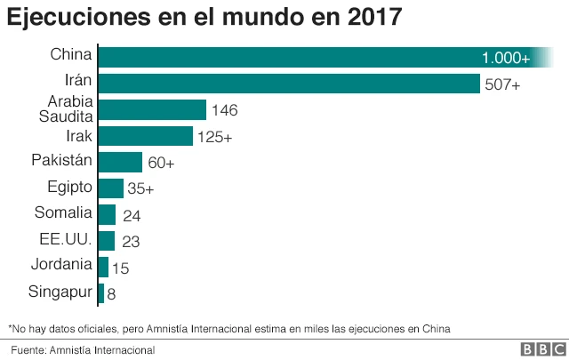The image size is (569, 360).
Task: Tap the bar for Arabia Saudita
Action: [x=151, y=109]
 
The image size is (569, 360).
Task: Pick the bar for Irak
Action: [x=145, y=136]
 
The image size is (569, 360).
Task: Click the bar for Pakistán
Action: [x=119, y=162]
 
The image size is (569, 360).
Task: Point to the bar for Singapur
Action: [x=100, y=292]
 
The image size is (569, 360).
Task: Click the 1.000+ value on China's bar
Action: [x=505, y=58]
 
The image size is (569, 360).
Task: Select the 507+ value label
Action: [x=502, y=84]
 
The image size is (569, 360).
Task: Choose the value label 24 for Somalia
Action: [x=132, y=215]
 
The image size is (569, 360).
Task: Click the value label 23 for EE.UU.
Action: [x=130, y=241]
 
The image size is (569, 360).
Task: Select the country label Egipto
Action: [x=68, y=187]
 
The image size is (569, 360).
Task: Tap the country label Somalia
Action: [x=62, y=212]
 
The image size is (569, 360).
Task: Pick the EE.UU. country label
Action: [x=67, y=238]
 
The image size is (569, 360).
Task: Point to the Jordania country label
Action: [x=60, y=264]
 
